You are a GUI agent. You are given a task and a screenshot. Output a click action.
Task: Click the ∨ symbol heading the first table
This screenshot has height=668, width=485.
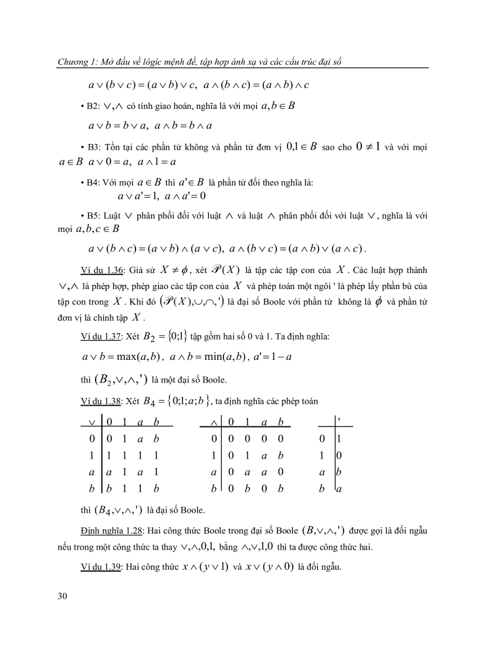click(92, 422)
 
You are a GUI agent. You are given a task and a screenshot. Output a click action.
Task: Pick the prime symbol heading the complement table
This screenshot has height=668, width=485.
click(339, 421)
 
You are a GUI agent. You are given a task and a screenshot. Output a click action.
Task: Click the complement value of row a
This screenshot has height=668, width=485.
click(339, 473)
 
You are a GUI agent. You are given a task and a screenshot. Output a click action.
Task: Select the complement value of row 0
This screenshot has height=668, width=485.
click(339, 440)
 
